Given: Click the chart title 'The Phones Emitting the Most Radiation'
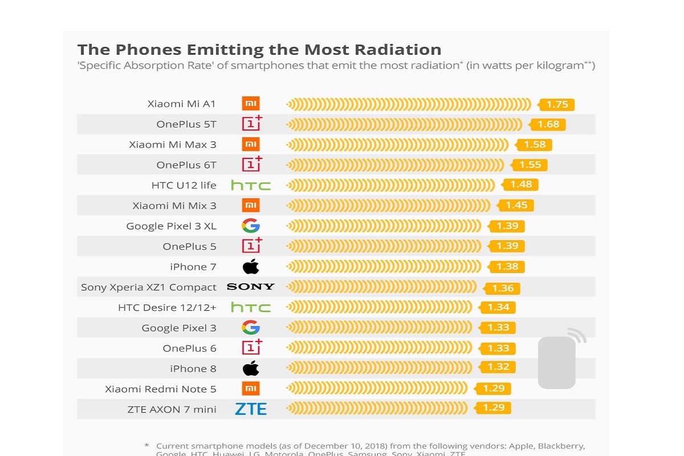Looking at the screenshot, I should point(259,50).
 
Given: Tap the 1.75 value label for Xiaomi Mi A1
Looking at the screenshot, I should point(557,104).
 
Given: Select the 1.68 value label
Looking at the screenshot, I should point(548,124).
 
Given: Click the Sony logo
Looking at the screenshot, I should point(251,287).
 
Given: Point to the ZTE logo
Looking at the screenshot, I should point(251,409).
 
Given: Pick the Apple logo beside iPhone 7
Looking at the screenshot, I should point(251,266).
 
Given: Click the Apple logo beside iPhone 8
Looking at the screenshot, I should point(251,368).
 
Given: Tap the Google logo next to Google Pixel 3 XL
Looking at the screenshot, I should point(251,226).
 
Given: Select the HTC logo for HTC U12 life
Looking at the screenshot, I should point(251,185).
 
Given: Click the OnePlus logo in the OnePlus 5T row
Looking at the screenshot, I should point(251,123).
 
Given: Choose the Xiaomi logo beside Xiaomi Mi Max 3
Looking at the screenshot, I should point(251,144).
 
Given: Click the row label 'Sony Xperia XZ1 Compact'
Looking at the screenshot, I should point(149,287).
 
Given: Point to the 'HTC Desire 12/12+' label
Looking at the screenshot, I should point(167,307).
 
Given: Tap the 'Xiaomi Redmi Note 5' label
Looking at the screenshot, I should point(161,389).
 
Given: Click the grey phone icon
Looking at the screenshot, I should point(557,363).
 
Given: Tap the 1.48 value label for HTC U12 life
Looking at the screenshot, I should point(520,185).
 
